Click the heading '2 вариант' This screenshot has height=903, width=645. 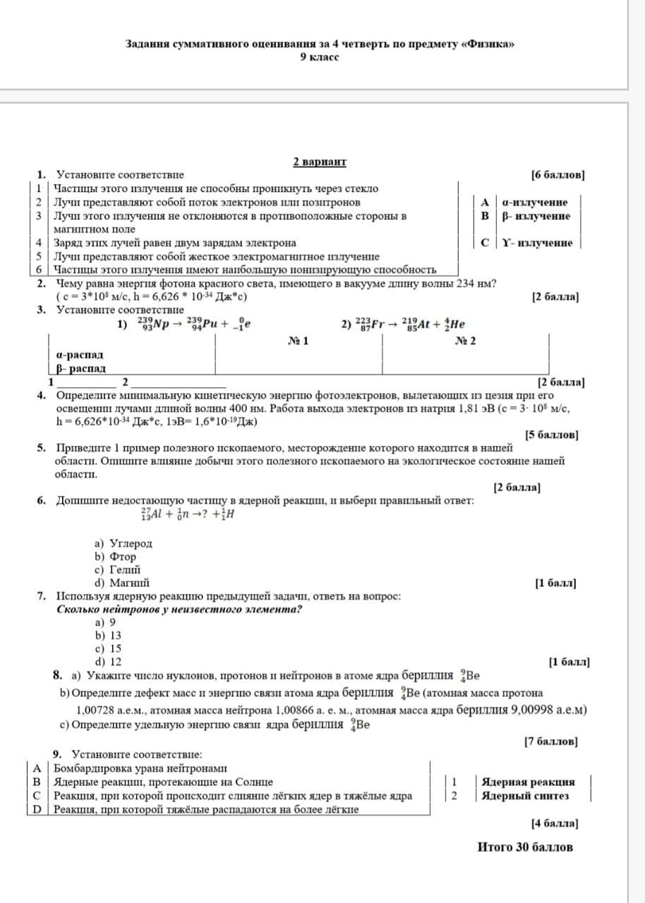(x=320, y=162)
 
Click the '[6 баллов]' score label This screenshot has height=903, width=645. (x=557, y=175)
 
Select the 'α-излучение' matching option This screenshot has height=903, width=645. (x=534, y=202)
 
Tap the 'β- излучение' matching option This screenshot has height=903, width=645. (x=536, y=216)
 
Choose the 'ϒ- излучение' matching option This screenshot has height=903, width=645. (x=537, y=243)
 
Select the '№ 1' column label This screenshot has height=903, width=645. (x=299, y=341)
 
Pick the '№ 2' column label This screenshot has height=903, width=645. (x=465, y=341)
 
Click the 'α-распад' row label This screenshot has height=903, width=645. (x=80, y=355)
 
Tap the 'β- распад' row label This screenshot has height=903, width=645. (x=81, y=368)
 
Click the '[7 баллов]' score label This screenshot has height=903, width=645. (x=550, y=741)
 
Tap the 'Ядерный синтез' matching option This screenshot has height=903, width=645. (x=525, y=796)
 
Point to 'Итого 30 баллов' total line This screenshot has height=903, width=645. (x=525, y=847)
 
